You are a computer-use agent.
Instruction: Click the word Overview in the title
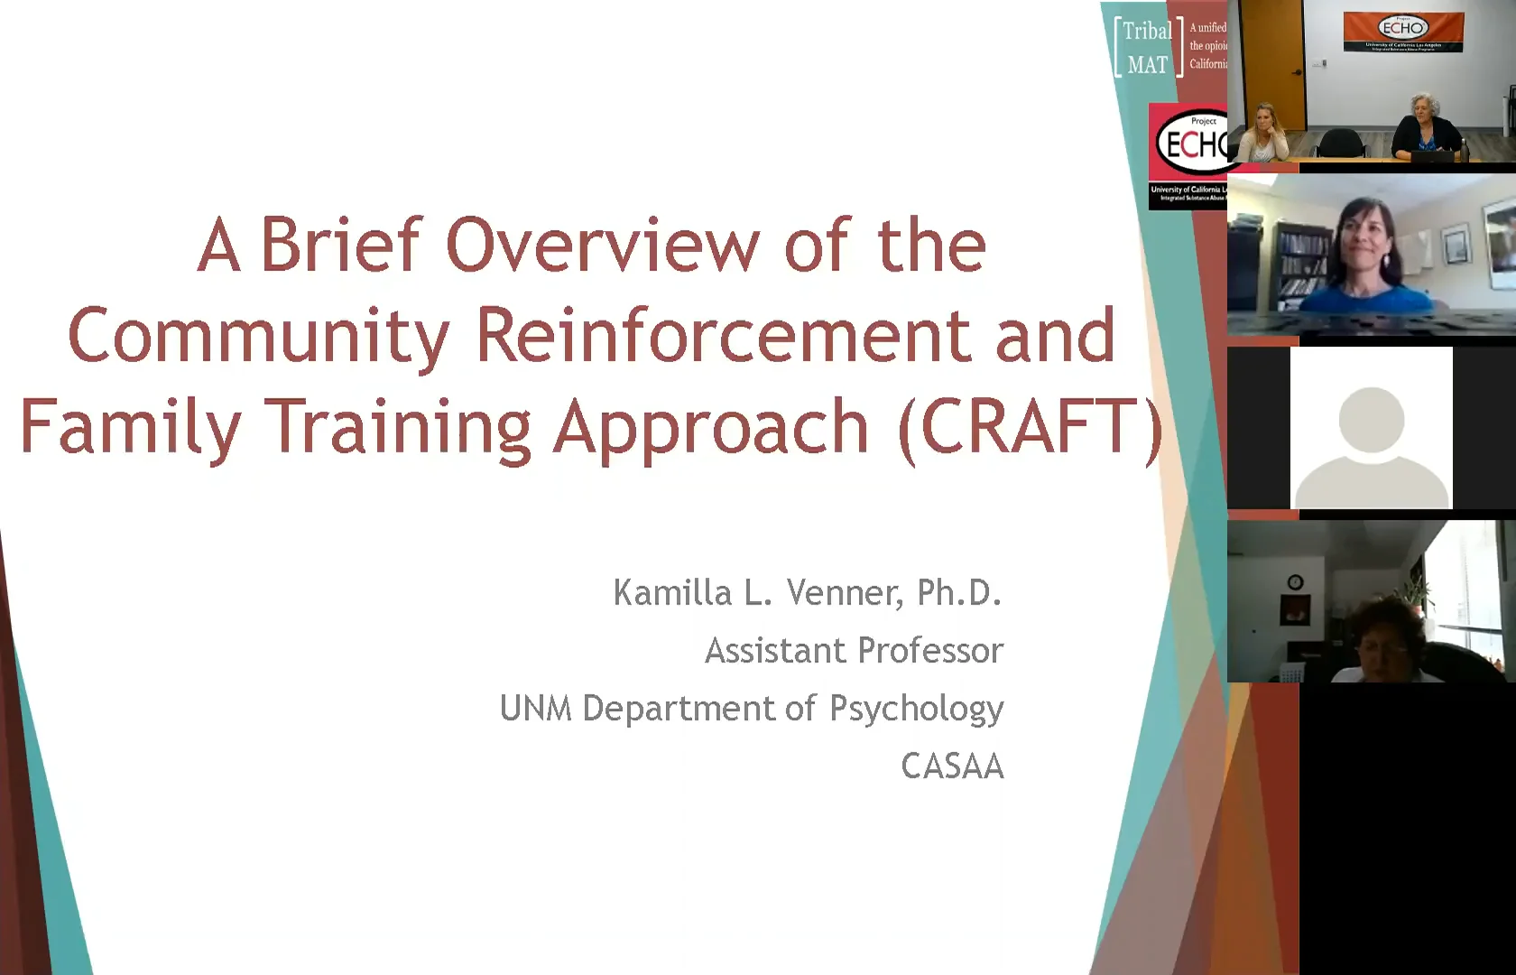point(603,245)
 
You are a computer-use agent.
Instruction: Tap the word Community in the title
point(258,337)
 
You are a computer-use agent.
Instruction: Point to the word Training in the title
point(398,427)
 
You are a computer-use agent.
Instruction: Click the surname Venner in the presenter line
point(844,593)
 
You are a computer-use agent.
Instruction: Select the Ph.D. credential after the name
point(959,593)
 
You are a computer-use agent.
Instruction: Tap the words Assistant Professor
point(854,651)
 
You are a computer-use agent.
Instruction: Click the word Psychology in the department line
point(916,710)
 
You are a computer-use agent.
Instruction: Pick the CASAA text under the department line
point(952,766)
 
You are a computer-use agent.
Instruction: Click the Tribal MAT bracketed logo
point(1148,48)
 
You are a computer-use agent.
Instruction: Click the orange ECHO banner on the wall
point(1403,32)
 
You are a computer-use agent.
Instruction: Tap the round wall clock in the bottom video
point(1295,582)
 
